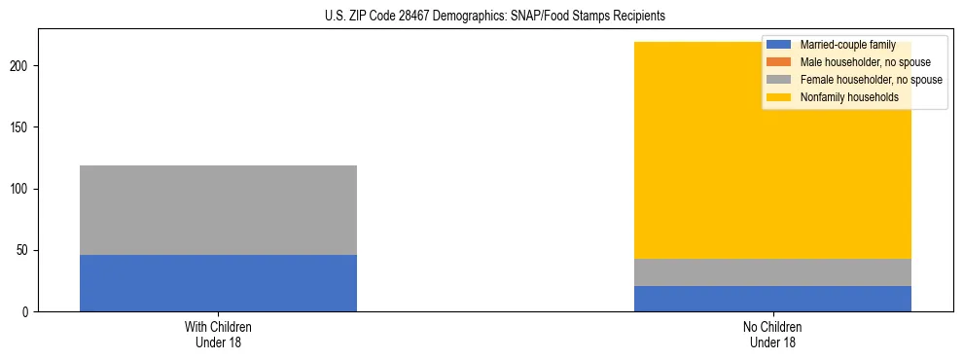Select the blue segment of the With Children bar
click(x=218, y=283)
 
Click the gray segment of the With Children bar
click(x=218, y=210)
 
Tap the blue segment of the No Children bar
click(x=772, y=299)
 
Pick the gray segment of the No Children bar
click(x=772, y=272)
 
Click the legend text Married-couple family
click(x=847, y=45)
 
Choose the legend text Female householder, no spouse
click(x=871, y=80)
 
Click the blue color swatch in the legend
click(x=779, y=45)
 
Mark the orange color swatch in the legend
click(x=779, y=62)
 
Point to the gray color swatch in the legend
click(x=779, y=80)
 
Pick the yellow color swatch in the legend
click(x=779, y=97)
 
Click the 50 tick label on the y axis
click(x=24, y=250)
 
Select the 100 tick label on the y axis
click(x=21, y=189)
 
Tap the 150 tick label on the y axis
click(x=21, y=127)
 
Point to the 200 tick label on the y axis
click(x=21, y=66)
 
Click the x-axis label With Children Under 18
click(x=218, y=335)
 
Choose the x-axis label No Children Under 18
click(x=772, y=335)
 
